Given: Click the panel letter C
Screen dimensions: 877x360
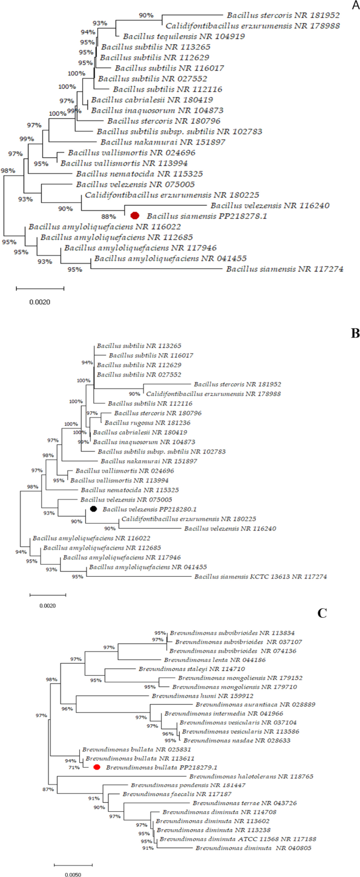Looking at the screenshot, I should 322,613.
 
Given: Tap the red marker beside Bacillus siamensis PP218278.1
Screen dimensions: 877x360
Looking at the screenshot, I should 135,216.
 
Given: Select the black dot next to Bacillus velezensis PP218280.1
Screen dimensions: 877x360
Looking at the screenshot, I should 94,509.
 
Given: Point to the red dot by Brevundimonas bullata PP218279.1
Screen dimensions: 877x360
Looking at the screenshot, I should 97,768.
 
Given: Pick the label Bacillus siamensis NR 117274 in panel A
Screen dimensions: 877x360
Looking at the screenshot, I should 284,269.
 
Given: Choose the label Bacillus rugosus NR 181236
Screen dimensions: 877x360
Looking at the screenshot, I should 147,423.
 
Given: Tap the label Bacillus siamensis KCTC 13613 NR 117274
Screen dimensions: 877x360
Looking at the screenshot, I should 260,577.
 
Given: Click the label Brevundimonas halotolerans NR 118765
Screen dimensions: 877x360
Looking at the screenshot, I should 251,777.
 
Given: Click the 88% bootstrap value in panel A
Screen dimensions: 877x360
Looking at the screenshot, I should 108,217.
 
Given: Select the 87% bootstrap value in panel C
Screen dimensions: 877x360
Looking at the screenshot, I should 48,789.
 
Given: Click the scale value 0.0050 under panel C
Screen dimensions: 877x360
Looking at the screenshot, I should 73,875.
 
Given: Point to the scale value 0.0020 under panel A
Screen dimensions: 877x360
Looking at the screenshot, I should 39,302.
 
